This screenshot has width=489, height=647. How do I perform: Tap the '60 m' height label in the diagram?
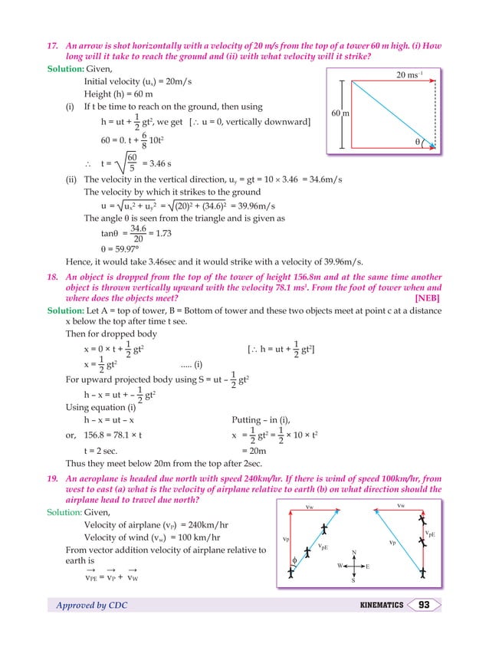(340, 113)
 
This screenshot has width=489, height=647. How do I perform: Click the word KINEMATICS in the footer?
(382, 606)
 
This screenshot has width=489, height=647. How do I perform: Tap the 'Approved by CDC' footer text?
(92, 606)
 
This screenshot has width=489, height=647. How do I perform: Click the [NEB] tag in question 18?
(427, 297)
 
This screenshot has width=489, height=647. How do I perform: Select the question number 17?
(54, 47)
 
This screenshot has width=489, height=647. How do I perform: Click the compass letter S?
(353, 580)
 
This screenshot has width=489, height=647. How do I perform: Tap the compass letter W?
(339, 567)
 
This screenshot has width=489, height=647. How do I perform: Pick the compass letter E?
(368, 567)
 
